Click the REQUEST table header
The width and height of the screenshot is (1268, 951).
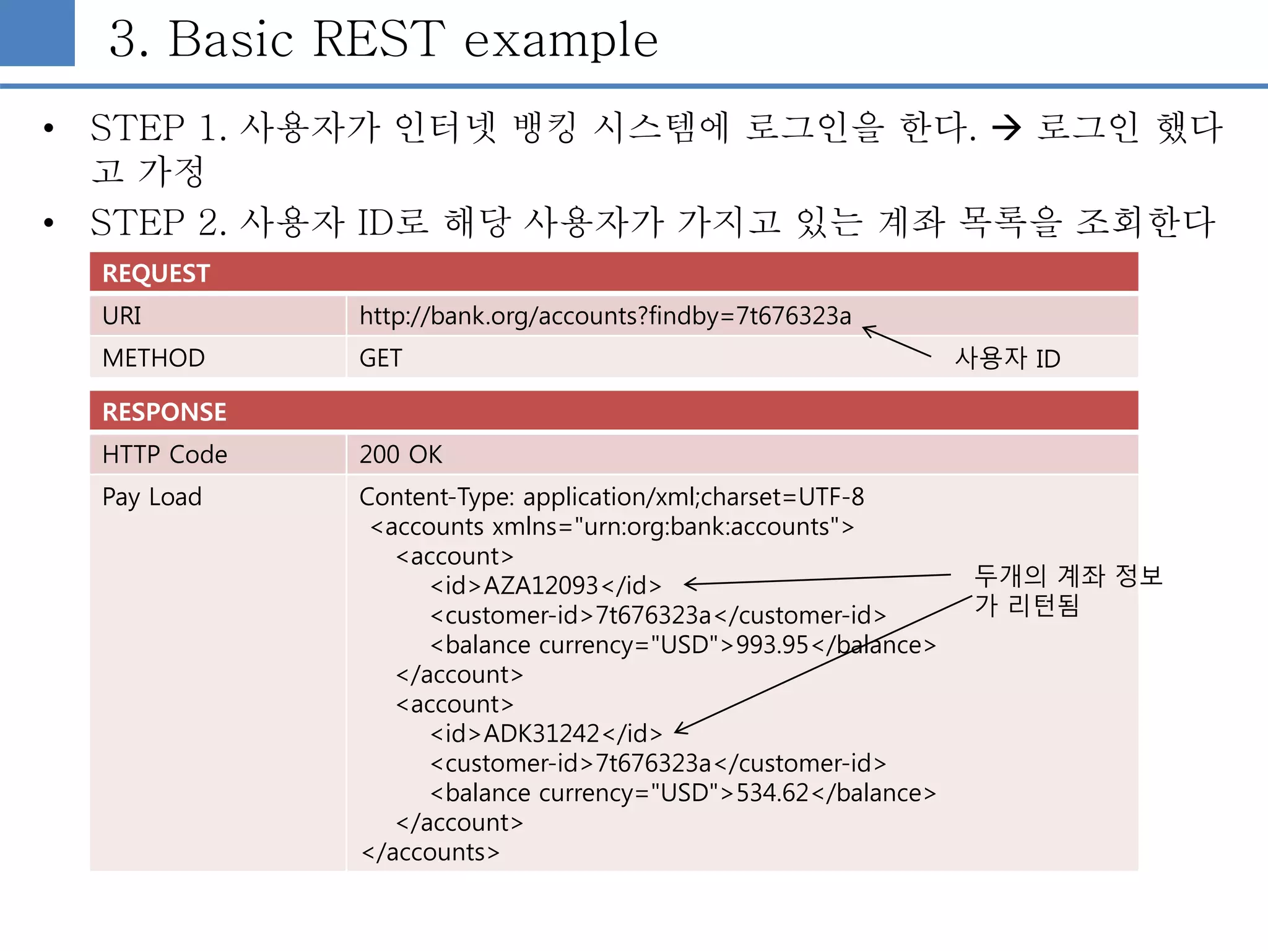point(156,273)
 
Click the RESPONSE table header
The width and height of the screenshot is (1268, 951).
point(164,412)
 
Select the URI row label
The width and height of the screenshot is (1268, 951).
point(122,316)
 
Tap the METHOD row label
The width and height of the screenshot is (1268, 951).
point(154,358)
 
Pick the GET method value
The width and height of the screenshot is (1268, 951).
point(381,358)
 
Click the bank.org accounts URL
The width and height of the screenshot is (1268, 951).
point(605,316)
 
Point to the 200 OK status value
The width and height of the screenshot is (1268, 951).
point(401,455)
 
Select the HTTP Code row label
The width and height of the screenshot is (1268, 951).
point(165,455)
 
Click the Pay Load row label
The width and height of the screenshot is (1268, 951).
point(152,497)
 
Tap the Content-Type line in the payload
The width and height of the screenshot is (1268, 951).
point(611,497)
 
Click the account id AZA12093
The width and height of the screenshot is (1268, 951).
point(541,586)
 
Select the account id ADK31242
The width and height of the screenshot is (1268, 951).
point(541,734)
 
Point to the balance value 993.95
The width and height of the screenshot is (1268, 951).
point(772,645)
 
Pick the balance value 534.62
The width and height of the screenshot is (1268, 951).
point(772,793)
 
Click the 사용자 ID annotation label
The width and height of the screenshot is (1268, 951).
point(1007,358)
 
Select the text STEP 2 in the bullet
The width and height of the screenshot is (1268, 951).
point(158,222)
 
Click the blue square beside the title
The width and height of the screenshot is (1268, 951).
point(37,32)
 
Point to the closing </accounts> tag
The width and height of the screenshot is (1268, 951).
point(431,853)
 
